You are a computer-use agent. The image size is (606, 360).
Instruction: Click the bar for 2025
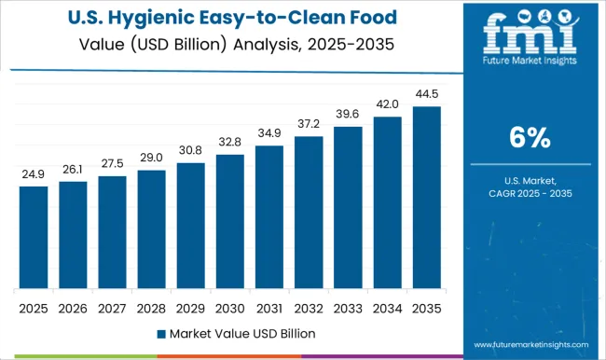pyautogui.click(x=34, y=237)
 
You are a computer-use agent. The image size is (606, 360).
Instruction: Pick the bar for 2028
pyautogui.click(x=151, y=228)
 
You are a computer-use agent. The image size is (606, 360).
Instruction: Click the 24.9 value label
pyautogui.click(x=34, y=173)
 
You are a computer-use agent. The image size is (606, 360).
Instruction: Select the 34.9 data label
pyautogui.click(x=269, y=132)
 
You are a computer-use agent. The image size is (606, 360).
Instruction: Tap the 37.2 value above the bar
pyautogui.click(x=308, y=124)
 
